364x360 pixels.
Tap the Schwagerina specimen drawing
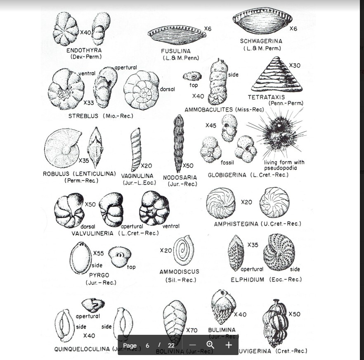click(262, 21)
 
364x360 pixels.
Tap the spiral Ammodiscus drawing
click(183, 250)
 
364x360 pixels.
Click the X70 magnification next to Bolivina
click(191, 330)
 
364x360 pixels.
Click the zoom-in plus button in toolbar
click(229, 345)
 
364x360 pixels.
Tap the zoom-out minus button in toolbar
click(192, 345)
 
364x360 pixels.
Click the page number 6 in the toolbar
click(147, 346)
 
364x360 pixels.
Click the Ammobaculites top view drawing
click(192, 76)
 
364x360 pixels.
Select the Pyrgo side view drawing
click(80, 258)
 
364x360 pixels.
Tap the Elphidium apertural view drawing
click(236, 253)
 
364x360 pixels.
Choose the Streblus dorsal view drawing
click(141, 90)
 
